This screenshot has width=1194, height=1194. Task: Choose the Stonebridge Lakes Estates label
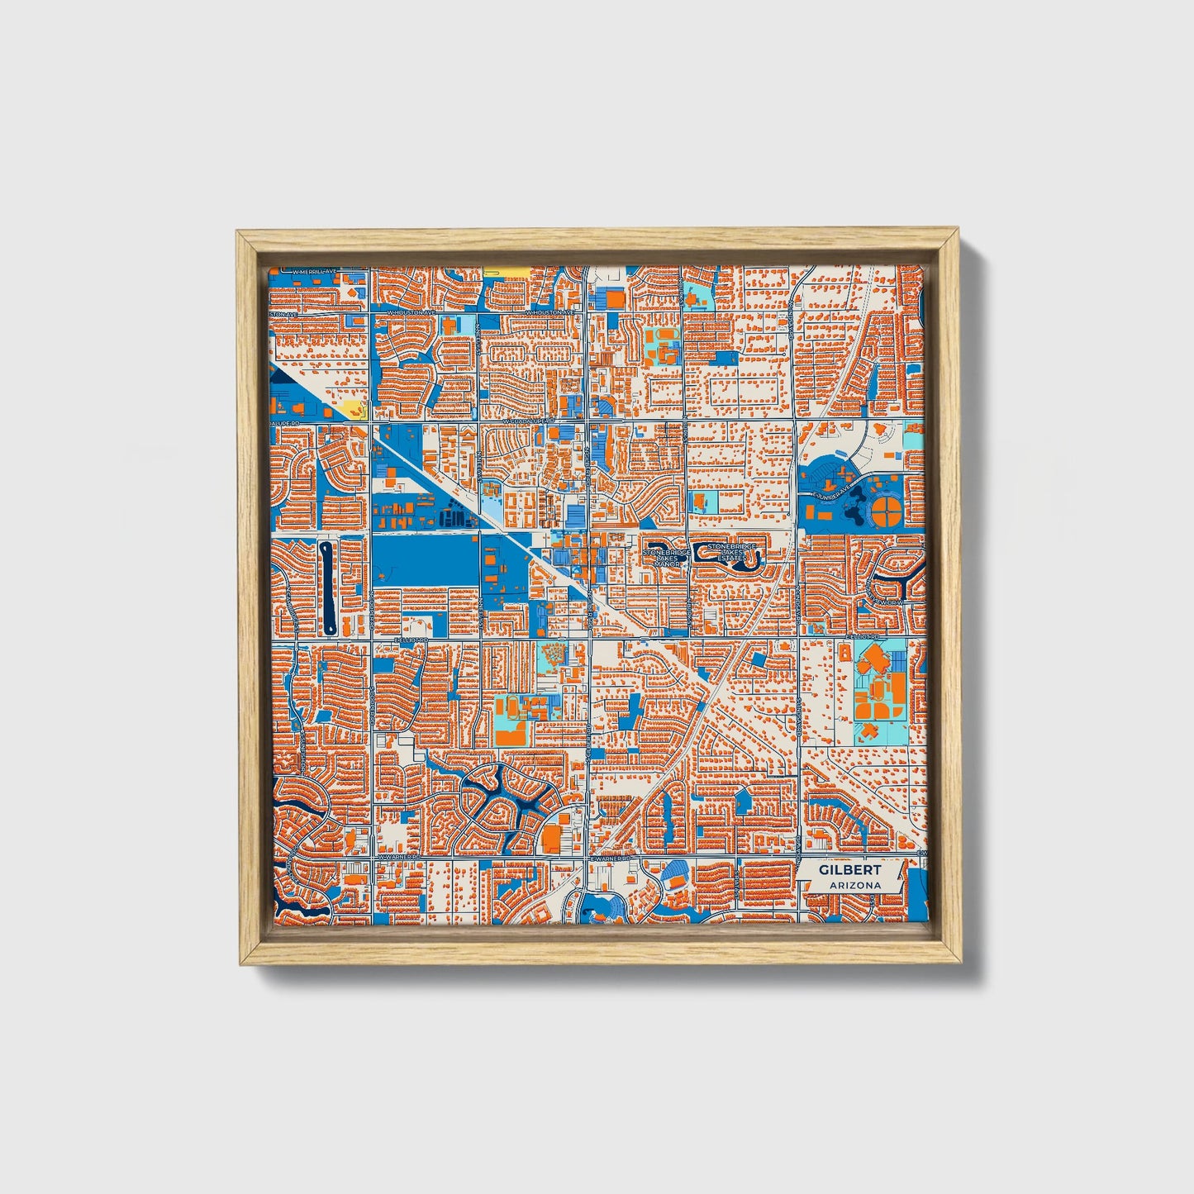coord(731,552)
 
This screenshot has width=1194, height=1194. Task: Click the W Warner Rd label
coord(395,858)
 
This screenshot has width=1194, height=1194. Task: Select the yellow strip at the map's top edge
coord(505,271)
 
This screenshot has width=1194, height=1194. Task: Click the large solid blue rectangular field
coord(425,559)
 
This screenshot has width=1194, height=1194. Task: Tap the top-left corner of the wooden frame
coord(238,232)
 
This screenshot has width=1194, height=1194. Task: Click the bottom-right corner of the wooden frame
coord(960,963)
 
